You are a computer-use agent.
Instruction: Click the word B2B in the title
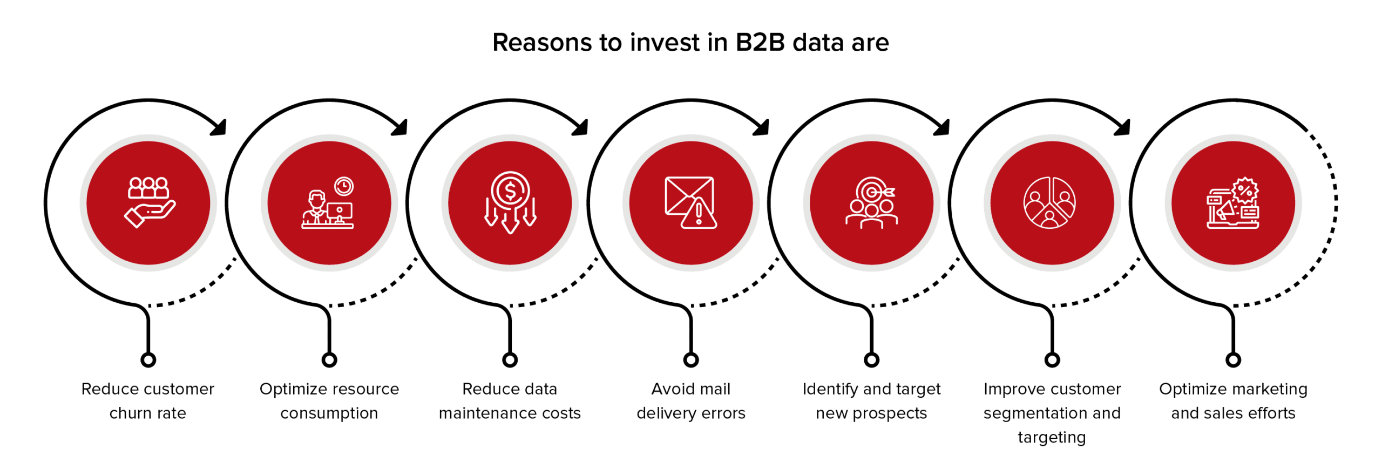tap(760, 42)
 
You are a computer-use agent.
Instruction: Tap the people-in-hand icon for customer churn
tap(150, 202)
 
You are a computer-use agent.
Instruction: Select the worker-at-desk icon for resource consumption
tap(328, 202)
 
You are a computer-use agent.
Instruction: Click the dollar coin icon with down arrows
tap(510, 202)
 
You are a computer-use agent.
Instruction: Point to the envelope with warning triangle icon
tap(691, 202)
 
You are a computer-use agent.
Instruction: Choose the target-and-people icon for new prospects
tap(871, 203)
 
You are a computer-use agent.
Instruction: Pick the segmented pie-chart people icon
tap(1050, 202)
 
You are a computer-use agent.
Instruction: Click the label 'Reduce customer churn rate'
tap(148, 400)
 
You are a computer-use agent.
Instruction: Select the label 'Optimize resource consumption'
tap(329, 400)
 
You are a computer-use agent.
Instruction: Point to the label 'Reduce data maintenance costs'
tap(510, 400)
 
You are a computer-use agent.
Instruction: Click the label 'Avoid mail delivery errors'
tap(691, 400)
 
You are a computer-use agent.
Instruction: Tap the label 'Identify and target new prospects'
tap(871, 400)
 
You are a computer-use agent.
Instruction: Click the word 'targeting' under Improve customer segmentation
tap(1052, 437)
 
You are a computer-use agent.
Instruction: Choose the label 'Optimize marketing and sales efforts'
tap(1233, 400)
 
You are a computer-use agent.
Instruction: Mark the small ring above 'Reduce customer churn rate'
tap(148, 360)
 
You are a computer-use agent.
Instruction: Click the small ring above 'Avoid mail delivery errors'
tap(691, 360)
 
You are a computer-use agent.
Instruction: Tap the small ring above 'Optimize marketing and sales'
tap(1234, 360)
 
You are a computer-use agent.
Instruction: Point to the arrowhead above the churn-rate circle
tap(219, 128)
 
